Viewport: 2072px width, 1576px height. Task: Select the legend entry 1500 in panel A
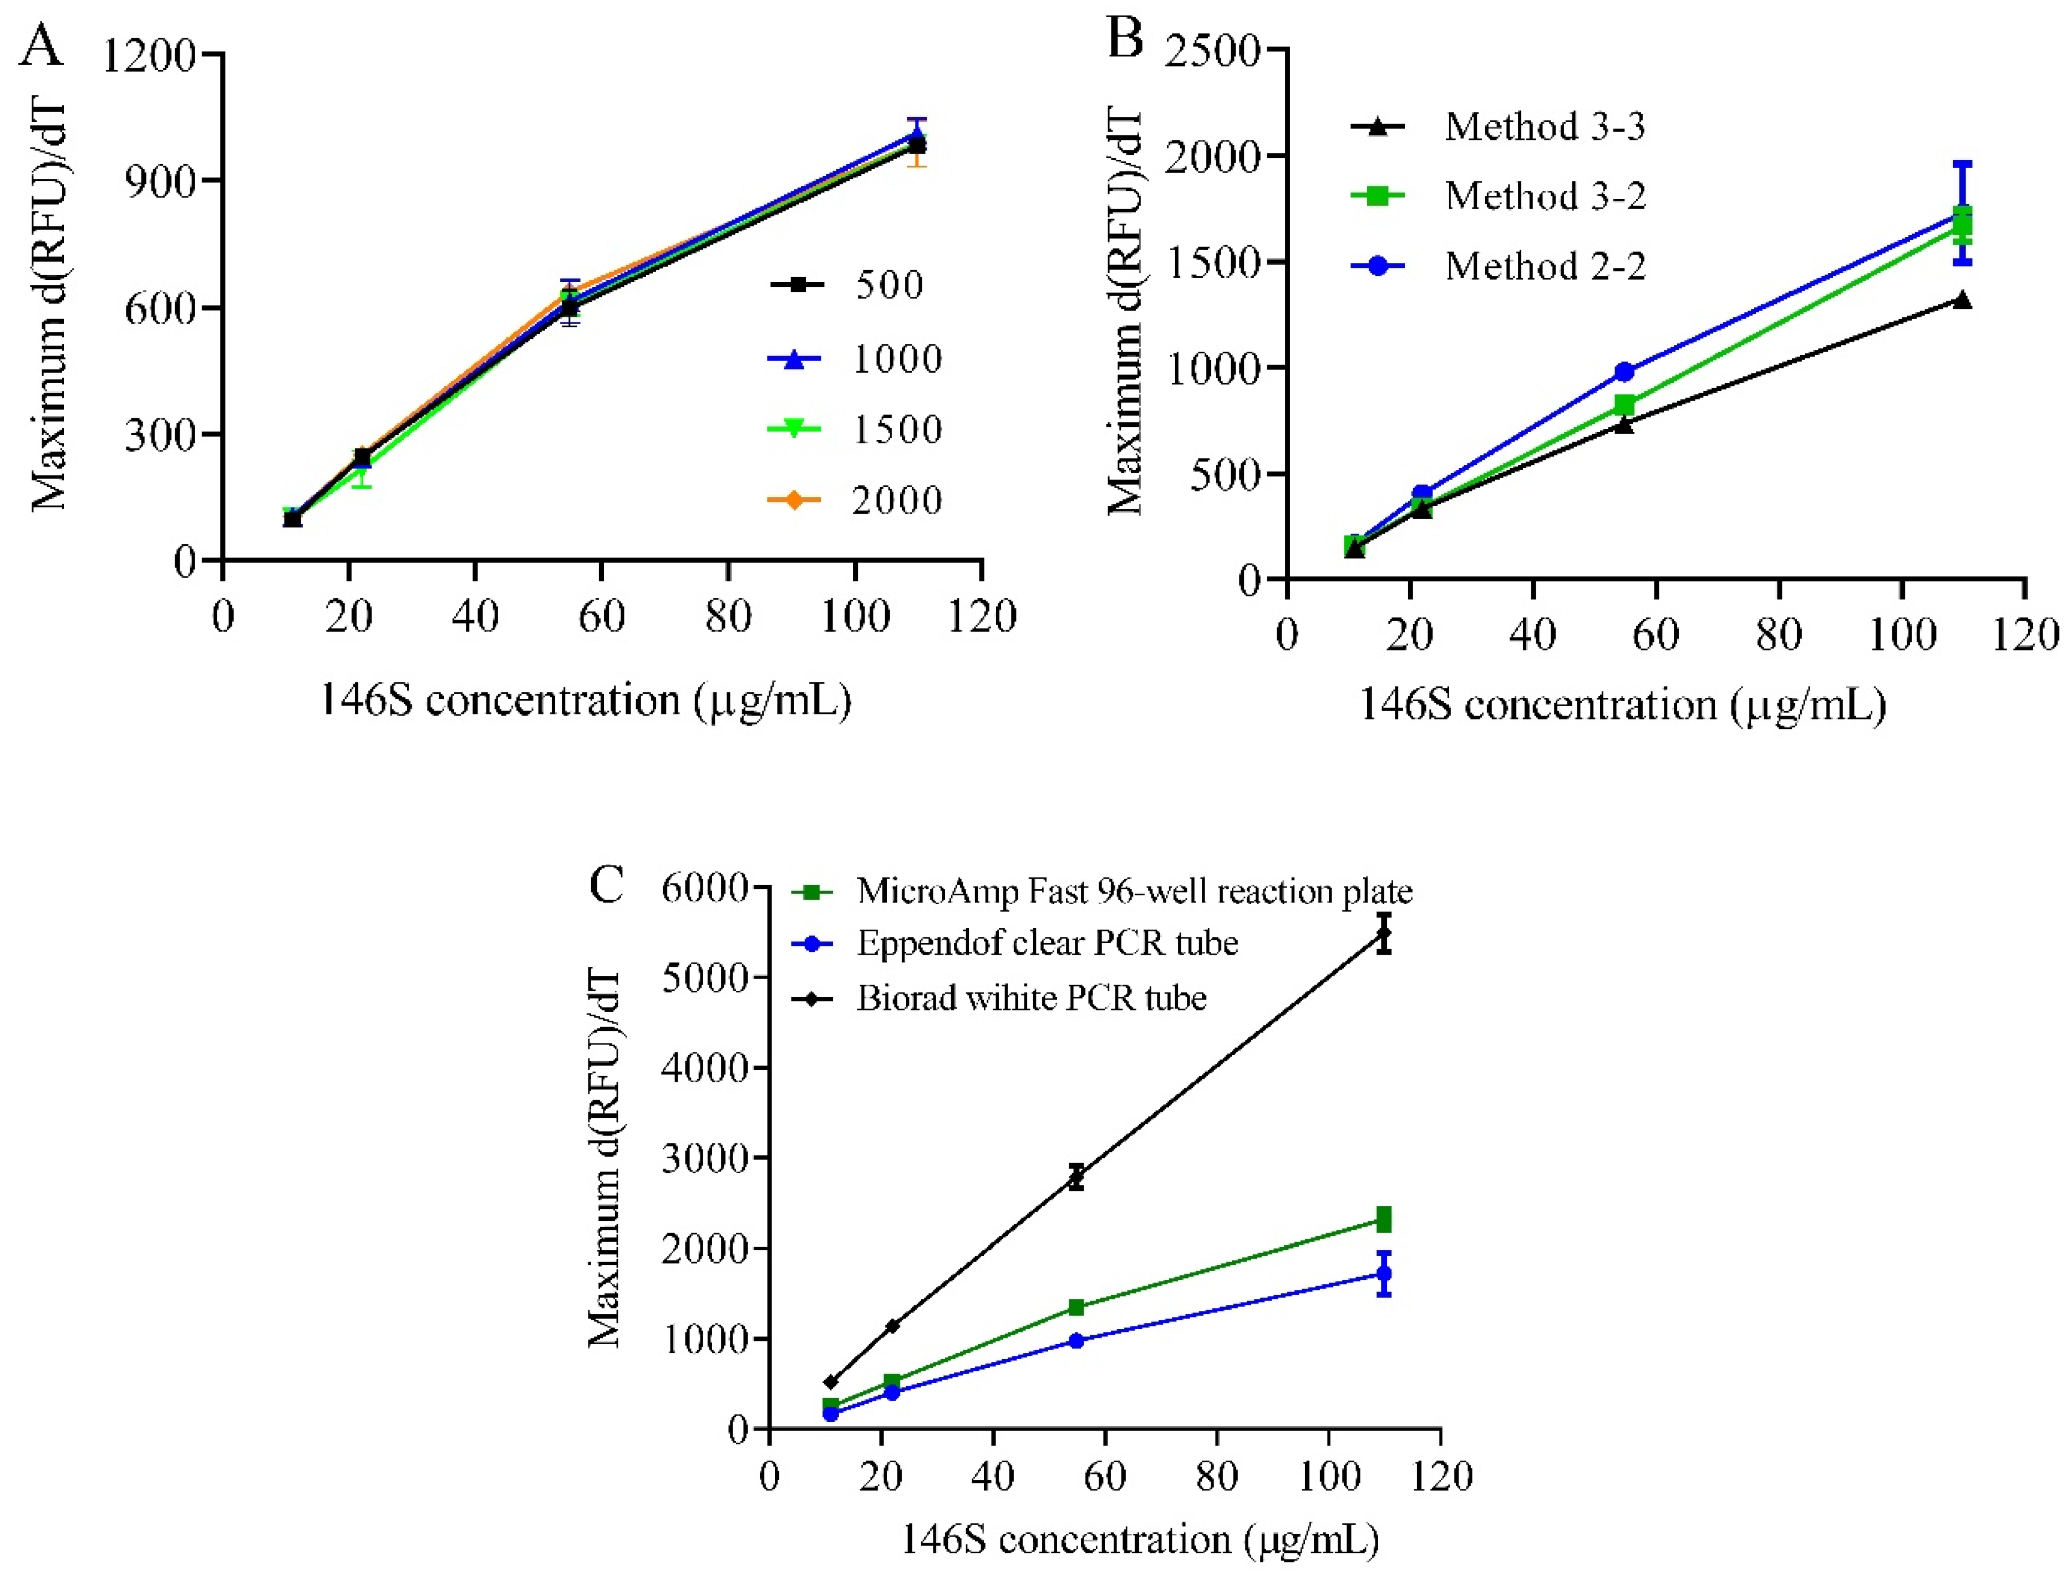896,430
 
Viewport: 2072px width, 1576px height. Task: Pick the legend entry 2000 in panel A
896,500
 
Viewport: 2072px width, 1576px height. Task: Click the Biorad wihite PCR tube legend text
1031,998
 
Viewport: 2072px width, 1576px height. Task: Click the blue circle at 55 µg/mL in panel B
1624,372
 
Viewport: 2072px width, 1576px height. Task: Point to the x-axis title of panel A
585,701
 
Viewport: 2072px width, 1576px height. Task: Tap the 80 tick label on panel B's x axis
1779,635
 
